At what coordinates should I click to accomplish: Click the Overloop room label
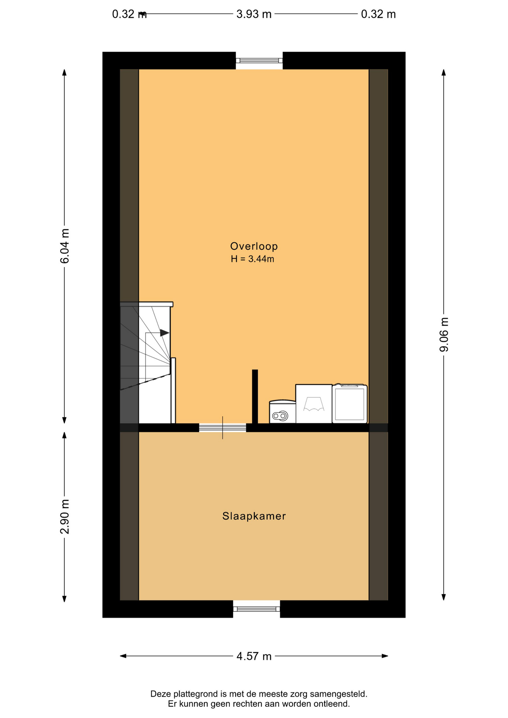pos(254,246)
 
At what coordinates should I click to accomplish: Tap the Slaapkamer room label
pos(254,516)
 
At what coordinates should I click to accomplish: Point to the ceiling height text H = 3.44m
pos(253,259)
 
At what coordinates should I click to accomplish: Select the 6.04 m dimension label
pos(65,246)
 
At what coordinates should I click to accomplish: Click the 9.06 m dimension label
pos(444,334)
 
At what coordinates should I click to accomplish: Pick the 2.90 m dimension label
pos(65,516)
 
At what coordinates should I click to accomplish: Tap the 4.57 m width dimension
pos(254,656)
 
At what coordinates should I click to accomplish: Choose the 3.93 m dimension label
pos(254,14)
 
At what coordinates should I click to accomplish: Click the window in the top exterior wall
pos(259,61)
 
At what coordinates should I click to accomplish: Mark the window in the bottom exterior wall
pos(257,609)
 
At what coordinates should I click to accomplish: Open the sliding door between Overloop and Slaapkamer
pos(223,428)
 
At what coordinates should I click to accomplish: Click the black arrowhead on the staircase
pos(165,332)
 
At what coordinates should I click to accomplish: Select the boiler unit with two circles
pos(282,412)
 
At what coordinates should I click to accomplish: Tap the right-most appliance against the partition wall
pos(350,404)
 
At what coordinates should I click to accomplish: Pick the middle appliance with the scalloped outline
pos(314,404)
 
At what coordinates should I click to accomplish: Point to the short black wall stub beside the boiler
pos(255,396)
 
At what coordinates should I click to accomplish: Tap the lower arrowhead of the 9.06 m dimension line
pos(444,597)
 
